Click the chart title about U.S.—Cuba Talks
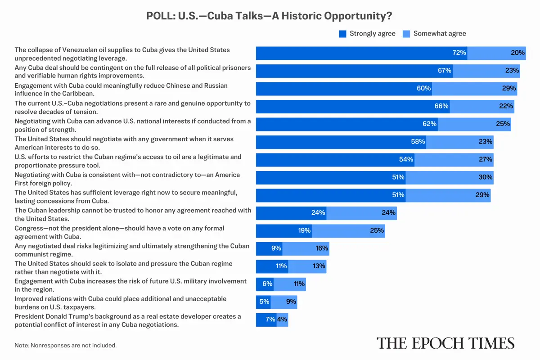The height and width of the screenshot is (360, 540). [269, 16]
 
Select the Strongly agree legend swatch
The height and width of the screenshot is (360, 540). [342, 34]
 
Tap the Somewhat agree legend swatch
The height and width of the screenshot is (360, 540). [406, 34]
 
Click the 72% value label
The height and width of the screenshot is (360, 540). [459, 53]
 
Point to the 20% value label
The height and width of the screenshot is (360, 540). [517, 53]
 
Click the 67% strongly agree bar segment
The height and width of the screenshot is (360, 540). [354, 71]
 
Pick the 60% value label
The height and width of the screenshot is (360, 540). [423, 88]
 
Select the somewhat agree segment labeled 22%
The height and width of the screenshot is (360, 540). [482, 106]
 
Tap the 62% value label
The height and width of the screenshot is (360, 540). [429, 124]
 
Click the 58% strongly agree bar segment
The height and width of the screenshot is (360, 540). [341, 142]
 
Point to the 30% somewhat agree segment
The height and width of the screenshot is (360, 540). [450, 177]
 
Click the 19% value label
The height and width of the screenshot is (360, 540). [304, 230]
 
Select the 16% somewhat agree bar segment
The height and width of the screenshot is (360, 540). [306, 248]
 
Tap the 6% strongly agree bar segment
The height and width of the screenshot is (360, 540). [265, 284]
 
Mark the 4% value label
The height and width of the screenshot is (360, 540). [282, 319]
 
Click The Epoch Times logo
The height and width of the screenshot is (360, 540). [445, 343]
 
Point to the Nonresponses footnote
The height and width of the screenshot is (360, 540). [66, 346]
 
